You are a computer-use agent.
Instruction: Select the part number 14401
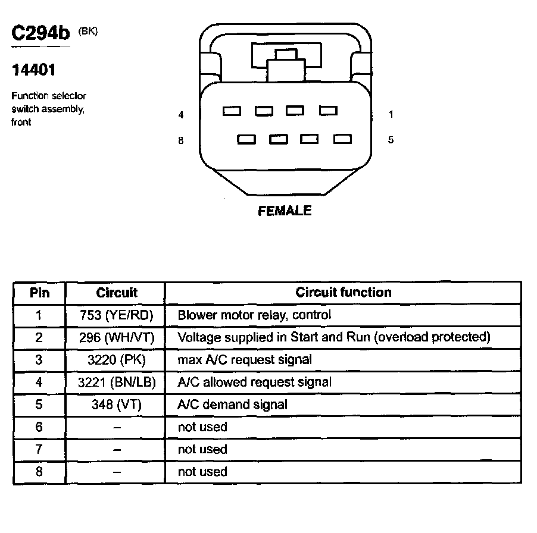[x=34, y=70]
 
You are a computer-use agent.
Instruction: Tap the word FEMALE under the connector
[x=285, y=211]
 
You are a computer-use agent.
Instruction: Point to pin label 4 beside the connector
[x=181, y=115]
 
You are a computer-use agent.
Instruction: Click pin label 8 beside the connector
[x=181, y=140]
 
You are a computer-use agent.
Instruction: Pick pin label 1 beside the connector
[x=391, y=114]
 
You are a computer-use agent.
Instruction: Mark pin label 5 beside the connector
[x=391, y=140]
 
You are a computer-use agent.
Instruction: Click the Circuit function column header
[x=344, y=292]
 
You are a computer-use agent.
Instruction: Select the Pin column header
[x=39, y=293]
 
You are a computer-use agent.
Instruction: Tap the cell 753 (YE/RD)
[x=116, y=315]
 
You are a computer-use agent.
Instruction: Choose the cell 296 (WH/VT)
[x=116, y=337]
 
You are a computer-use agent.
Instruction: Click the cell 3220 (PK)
[x=116, y=360]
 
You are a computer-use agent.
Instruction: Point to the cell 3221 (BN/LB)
[x=116, y=382]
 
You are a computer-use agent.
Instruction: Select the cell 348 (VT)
[x=116, y=405]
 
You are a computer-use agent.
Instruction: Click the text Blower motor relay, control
[x=254, y=315]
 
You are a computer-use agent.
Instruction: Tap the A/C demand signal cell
[x=232, y=405]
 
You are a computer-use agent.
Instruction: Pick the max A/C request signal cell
[x=245, y=360]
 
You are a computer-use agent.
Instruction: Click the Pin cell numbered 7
[x=39, y=449]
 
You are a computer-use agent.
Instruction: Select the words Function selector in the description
[x=49, y=96]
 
